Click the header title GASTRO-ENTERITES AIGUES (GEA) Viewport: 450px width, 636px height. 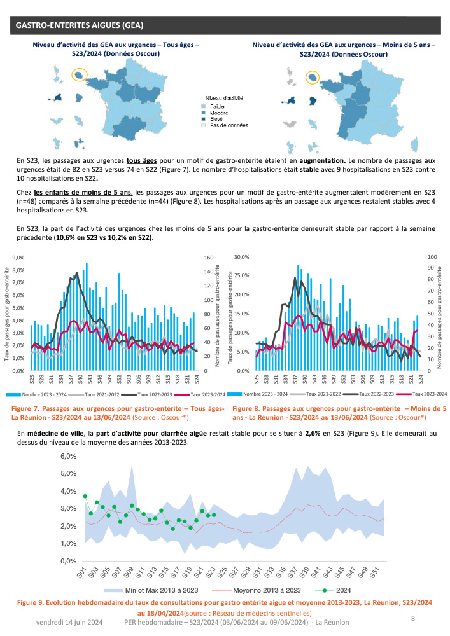(x=80, y=25)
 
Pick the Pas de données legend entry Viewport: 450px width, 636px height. (x=229, y=125)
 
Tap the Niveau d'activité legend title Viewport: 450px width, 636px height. (x=221, y=98)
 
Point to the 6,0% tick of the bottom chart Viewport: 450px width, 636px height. (x=68, y=457)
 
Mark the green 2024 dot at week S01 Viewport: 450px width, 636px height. (x=85, y=496)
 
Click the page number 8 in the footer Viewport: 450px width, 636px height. (x=414, y=618)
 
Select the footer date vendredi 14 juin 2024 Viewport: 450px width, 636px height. (x=69, y=621)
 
